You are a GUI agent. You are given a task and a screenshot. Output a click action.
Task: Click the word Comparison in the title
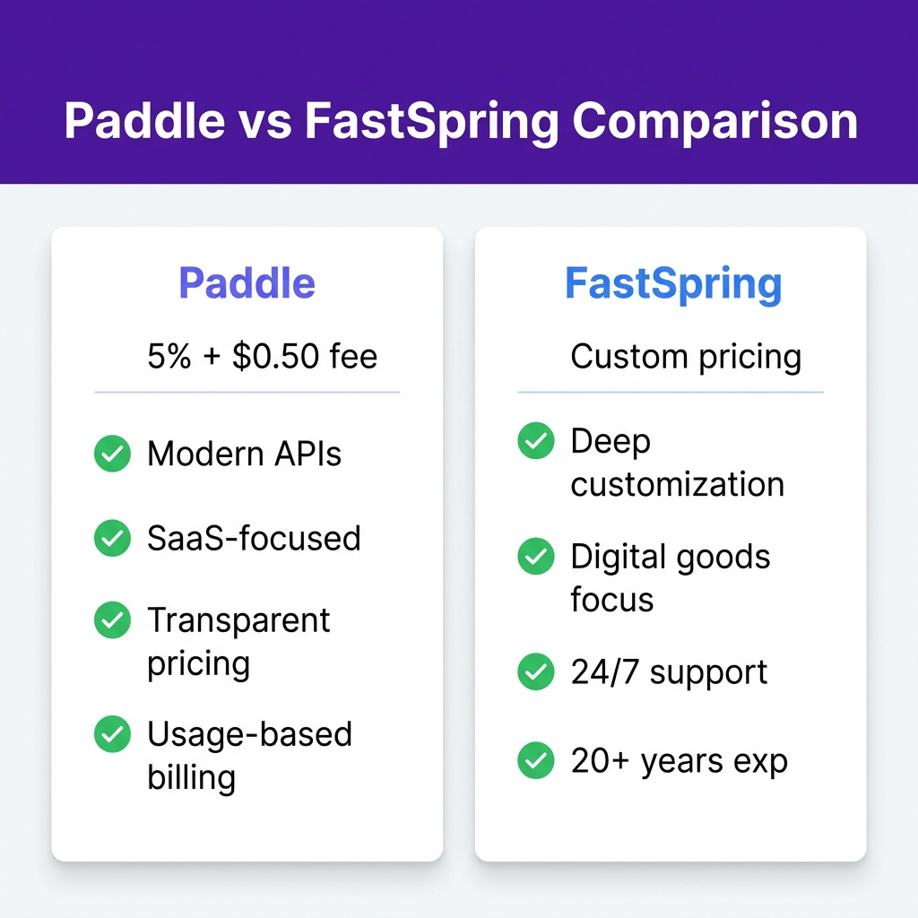pyautogui.click(x=714, y=122)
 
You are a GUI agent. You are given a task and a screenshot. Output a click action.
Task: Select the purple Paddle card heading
pyautogui.click(x=247, y=282)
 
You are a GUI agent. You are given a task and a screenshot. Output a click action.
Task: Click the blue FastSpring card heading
pyautogui.click(x=673, y=284)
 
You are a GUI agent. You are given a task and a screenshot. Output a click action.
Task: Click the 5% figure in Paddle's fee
pyautogui.click(x=169, y=356)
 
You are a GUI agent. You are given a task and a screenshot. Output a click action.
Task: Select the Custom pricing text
pyautogui.click(x=686, y=357)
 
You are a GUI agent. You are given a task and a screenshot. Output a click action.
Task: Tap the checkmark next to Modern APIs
pyautogui.click(x=112, y=453)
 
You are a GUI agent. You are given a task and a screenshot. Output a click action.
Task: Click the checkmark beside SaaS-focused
pyautogui.click(x=112, y=538)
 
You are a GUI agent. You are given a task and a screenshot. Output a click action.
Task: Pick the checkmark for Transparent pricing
pyautogui.click(x=112, y=619)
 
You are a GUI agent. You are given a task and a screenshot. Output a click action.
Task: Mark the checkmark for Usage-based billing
pyautogui.click(x=112, y=733)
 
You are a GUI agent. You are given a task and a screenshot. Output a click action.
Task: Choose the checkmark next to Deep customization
pyautogui.click(x=536, y=440)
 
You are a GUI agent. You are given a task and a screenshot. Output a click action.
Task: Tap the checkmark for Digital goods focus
pyautogui.click(x=536, y=556)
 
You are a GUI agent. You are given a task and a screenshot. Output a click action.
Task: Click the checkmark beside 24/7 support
pyautogui.click(x=536, y=671)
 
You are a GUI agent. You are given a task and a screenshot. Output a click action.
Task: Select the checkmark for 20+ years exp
pyautogui.click(x=536, y=760)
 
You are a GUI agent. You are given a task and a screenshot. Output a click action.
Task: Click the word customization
pyautogui.click(x=678, y=484)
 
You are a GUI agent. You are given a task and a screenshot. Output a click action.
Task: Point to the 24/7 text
pyautogui.click(x=604, y=671)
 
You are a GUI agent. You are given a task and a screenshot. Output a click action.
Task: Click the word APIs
pyautogui.click(x=308, y=454)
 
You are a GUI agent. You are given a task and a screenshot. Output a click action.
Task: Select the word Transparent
pyautogui.click(x=238, y=620)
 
